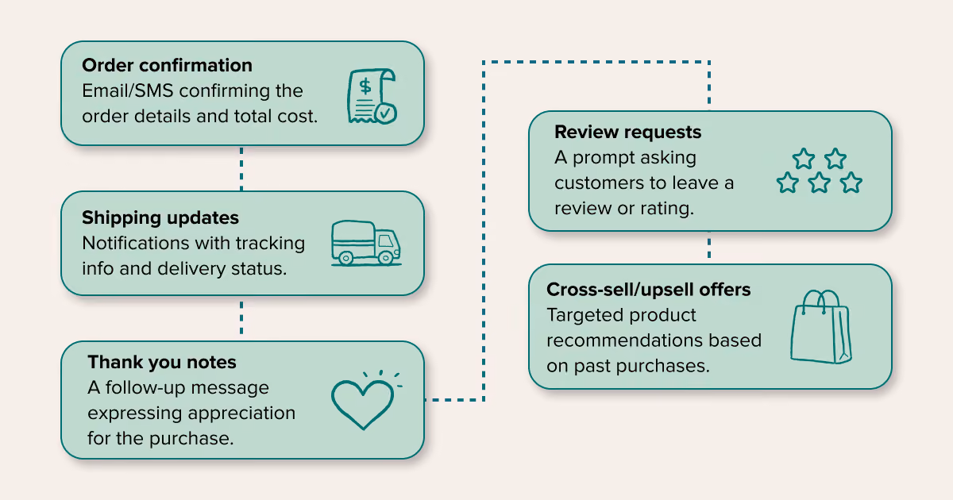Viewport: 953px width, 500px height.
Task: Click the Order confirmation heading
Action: pos(168,65)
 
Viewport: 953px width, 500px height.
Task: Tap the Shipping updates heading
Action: pos(160,218)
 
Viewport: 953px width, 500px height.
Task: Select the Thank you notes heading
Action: pos(162,363)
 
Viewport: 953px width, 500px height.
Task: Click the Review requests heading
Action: pos(627,133)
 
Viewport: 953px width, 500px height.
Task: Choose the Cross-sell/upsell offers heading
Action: pos(648,290)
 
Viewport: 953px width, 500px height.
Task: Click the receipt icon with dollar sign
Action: pos(372,96)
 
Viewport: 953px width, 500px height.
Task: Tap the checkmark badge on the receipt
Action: pos(386,113)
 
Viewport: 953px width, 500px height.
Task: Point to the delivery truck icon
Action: pos(366,243)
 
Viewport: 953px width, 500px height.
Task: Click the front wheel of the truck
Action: pos(385,257)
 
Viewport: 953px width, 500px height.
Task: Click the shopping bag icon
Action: pos(820,327)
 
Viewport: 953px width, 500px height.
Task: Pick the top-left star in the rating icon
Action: pos(803,159)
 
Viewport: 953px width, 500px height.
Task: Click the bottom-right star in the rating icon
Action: pos(851,183)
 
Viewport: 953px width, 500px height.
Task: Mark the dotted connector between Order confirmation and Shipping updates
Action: pos(241,168)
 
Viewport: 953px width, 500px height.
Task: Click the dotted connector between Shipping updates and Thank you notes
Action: pos(241,318)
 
